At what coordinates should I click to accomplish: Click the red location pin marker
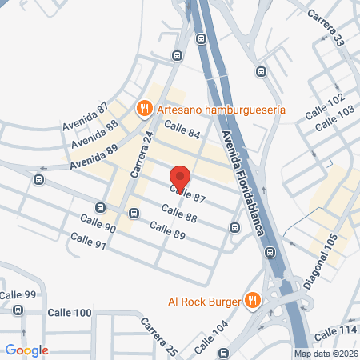coord(181,178)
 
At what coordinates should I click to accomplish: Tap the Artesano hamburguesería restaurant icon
coord(144,107)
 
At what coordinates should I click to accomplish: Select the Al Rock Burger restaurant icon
coord(253,301)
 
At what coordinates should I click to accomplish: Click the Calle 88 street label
coord(178,212)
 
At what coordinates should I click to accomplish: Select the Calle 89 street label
coord(168,231)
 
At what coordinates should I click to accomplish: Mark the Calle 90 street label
coord(98,223)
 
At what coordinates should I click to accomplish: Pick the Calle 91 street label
coord(88,240)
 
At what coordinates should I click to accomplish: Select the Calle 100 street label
coord(70,312)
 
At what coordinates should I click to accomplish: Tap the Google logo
coord(26,350)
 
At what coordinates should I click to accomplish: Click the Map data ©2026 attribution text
coord(325,354)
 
